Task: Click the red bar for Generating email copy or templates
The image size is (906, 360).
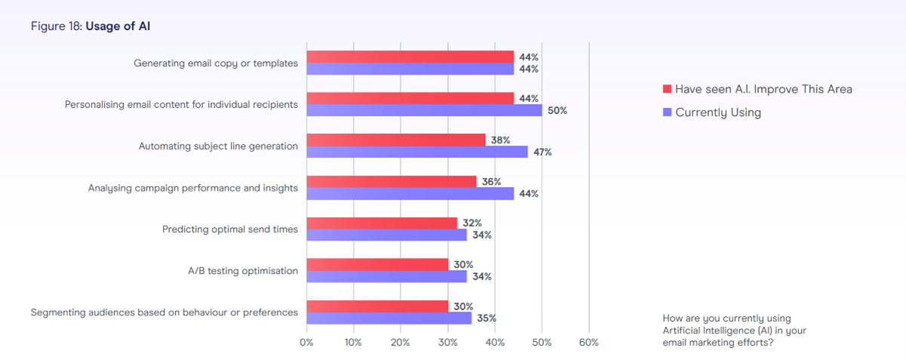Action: (410, 57)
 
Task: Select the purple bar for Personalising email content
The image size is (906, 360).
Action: (424, 110)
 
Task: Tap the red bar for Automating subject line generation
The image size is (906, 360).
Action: (396, 140)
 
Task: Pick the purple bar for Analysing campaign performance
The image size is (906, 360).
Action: (410, 193)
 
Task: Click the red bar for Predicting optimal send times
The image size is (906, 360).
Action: (382, 223)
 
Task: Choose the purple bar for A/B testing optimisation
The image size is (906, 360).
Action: (386, 276)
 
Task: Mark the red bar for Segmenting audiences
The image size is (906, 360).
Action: (377, 306)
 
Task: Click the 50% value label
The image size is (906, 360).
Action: (557, 111)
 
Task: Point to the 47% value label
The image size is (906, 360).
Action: (542, 152)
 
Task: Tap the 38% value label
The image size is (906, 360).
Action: (500, 140)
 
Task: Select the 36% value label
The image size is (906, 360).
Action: (491, 182)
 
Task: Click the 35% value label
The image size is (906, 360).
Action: (487, 318)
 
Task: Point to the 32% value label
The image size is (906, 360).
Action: (472, 223)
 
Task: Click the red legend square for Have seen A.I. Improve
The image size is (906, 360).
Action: (667, 89)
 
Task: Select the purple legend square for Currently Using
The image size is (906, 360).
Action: (667, 112)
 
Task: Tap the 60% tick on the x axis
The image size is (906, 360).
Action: (588, 343)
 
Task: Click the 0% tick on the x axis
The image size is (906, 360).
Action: (306, 343)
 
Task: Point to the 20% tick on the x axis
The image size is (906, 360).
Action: (401, 343)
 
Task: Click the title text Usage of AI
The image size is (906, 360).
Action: (119, 26)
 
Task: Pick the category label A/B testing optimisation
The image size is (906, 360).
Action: (243, 270)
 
